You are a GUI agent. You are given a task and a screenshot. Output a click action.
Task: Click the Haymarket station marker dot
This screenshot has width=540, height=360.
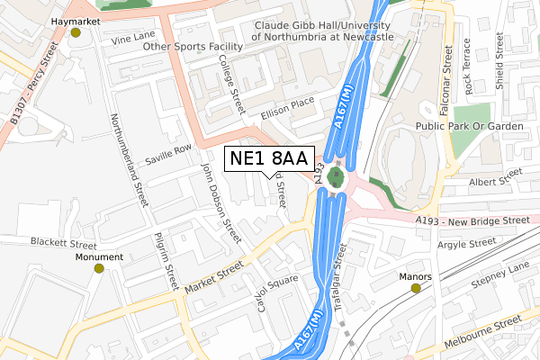coord(76,33)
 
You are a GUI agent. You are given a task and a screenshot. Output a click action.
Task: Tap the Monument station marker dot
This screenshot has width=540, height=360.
coord(101,267)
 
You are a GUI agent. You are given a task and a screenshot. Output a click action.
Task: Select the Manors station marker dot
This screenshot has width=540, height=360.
coord(417,288)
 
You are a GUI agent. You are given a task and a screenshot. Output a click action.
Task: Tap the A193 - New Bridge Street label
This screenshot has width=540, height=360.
coord(472,220)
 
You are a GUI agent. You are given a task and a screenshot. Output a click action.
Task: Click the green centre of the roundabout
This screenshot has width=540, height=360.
coord(337,176)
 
